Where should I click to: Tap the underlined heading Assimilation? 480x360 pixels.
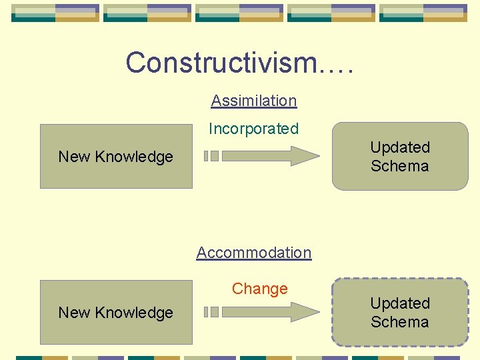(253, 101)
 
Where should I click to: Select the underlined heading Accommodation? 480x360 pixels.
(253, 253)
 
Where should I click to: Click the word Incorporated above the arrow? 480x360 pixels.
(253, 129)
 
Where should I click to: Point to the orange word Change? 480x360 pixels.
(259, 289)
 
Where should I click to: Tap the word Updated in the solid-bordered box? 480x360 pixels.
(400, 147)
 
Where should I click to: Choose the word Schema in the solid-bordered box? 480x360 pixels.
(400, 165)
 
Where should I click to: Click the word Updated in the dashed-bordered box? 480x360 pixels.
(400, 303)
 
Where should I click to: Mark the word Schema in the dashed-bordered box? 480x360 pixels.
(400, 321)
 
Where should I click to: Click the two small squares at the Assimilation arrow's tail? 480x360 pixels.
(211, 156)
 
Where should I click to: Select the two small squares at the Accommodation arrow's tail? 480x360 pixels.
(211, 311)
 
